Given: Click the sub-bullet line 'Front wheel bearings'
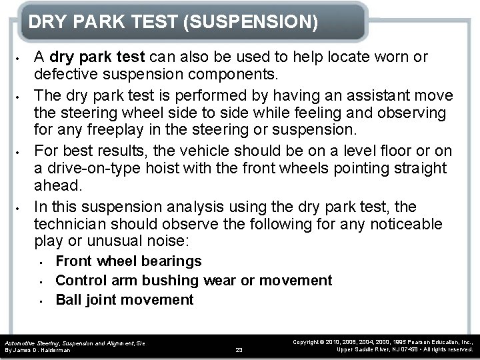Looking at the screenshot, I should click(x=129, y=261).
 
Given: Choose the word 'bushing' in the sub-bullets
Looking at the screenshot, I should click(x=173, y=281).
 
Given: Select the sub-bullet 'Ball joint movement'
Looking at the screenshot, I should click(x=125, y=300).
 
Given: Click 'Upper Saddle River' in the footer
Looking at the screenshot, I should click(x=365, y=349).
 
